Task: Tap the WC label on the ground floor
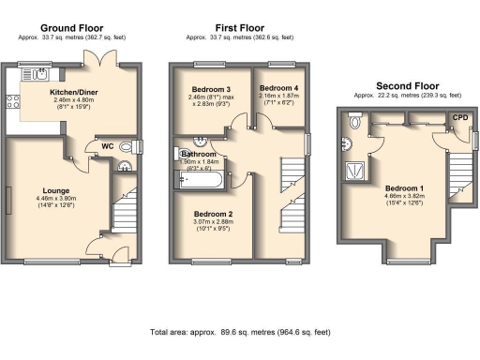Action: click(x=107, y=145)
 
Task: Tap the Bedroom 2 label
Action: click(x=213, y=214)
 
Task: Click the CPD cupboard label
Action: click(x=459, y=117)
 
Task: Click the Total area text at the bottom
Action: click(x=240, y=332)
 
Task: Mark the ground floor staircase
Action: click(x=125, y=211)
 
